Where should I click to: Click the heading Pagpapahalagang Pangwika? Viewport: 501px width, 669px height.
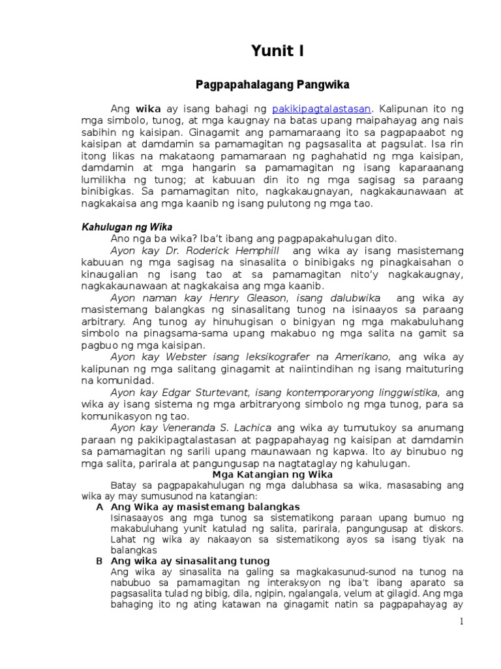[x=273, y=85]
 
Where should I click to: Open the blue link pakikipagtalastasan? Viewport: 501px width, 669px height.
[x=322, y=108]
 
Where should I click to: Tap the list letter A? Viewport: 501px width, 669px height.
[x=99, y=506]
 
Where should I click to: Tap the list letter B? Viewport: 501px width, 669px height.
[x=99, y=561]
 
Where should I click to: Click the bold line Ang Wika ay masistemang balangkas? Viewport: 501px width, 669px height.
[x=205, y=506]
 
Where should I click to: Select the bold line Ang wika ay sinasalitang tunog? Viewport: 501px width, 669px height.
[x=190, y=561]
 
